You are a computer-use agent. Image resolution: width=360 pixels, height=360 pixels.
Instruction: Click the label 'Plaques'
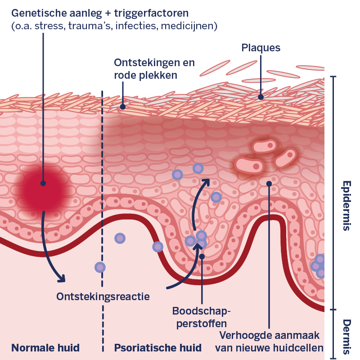coord(261,48)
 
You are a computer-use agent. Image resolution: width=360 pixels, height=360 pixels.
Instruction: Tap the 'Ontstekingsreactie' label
coord(103,297)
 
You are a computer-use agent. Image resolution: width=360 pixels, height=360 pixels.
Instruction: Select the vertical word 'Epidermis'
coord(346,206)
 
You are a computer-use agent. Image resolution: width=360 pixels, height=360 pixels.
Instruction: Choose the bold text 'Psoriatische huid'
coord(157,348)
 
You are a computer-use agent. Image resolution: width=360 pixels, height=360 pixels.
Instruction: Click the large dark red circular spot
coord(43,184)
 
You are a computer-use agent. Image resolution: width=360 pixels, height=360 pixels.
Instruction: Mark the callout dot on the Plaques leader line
coord(261,96)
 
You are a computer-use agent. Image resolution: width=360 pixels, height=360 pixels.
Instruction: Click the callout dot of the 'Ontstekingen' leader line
coord(122,107)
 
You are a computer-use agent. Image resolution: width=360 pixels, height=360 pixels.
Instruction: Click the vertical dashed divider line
coord(103,202)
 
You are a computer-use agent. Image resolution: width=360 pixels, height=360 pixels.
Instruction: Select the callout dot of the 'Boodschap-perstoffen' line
coord(202,256)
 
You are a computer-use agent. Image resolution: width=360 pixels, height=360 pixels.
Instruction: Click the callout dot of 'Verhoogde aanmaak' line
coord(269,183)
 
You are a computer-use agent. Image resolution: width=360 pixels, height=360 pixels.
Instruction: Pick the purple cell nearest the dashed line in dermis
coord(100,267)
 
